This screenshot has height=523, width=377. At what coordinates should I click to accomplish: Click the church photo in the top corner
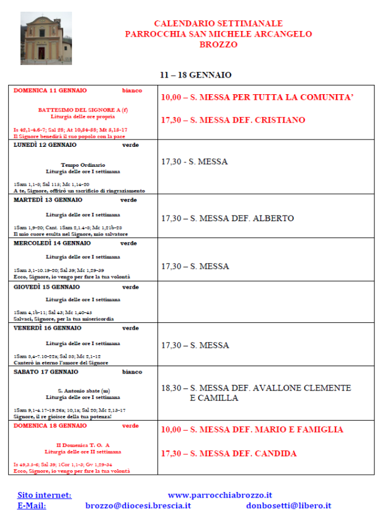click(x=46, y=38)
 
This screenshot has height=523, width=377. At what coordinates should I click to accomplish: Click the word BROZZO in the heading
click(x=218, y=45)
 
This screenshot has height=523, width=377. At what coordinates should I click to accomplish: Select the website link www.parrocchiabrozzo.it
click(x=220, y=495)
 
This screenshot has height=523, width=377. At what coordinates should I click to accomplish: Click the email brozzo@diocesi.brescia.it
click(x=138, y=506)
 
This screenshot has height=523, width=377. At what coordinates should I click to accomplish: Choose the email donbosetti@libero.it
click(x=288, y=506)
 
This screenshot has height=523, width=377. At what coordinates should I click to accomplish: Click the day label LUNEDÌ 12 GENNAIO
click(x=45, y=145)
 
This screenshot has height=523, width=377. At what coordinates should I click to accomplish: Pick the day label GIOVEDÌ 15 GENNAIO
click(x=47, y=287)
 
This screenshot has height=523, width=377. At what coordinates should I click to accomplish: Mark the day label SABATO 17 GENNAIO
click(x=46, y=372)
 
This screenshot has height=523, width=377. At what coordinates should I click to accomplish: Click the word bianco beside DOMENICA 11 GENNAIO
click(x=131, y=90)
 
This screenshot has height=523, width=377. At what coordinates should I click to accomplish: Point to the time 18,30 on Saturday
click(x=171, y=388)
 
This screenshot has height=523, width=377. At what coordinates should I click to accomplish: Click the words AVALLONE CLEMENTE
click(x=302, y=388)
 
